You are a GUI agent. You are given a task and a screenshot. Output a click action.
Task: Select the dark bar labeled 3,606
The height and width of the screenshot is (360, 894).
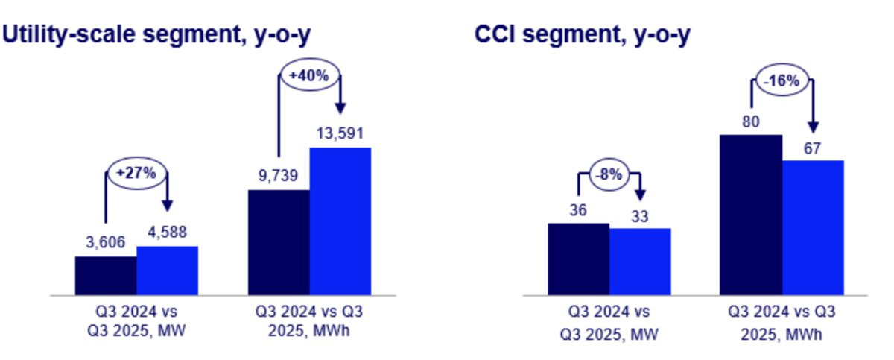tap(106, 275)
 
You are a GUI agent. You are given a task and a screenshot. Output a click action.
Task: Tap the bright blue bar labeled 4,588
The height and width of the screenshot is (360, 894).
tap(167, 270)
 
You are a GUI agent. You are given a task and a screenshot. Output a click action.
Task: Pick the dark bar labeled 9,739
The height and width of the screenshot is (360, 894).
tap(279, 242)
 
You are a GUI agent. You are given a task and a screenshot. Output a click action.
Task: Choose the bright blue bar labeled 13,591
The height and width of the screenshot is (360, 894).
tap(340, 221)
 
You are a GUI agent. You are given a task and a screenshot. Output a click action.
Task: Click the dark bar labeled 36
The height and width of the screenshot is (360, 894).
tap(578, 259)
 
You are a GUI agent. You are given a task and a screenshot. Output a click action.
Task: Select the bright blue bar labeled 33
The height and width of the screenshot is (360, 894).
tap(640, 261)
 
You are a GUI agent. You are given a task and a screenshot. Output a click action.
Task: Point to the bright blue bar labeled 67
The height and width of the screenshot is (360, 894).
tap(813, 227)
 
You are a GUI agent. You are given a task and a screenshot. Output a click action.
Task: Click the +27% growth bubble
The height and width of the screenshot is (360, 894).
tap(136, 173)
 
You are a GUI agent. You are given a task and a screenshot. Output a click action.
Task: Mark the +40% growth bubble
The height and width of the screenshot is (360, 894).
tap(309, 75)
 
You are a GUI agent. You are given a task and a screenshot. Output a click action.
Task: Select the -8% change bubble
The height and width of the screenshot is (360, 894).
tap(609, 177)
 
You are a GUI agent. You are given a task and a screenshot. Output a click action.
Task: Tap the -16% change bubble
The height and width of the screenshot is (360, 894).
tap(782, 81)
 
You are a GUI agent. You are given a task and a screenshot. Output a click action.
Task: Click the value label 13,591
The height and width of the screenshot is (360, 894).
tap(340, 135)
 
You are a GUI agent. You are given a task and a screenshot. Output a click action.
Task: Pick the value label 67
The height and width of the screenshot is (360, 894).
tap(812, 148)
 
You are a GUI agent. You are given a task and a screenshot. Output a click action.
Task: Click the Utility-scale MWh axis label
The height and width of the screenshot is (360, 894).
tap(309, 320)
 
